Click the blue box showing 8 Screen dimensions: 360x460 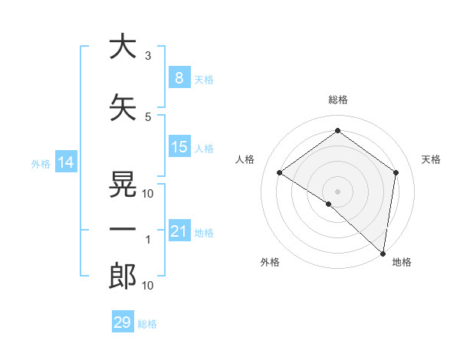coord(179,78)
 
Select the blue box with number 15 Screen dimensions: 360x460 coord(179,147)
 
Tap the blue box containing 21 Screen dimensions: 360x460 coord(179,231)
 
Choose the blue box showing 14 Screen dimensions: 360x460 coord(65,162)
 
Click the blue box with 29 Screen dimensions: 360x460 coord(123,322)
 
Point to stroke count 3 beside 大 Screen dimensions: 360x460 coord(148,56)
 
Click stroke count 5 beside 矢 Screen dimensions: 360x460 coord(148,117)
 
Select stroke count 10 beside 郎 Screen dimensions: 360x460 coord(148,286)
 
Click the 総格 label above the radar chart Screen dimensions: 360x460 coord(338,100)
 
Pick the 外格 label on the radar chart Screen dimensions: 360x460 coord(270,263)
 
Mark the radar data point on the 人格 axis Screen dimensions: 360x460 coord(280,172)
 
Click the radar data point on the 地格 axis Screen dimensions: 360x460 coord(382,252)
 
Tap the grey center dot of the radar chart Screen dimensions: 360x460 coord(337,191)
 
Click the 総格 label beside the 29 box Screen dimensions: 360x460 coord(147,324)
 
